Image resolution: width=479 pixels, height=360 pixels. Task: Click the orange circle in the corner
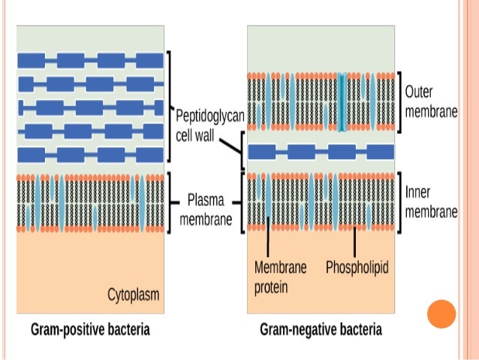(x=441, y=314)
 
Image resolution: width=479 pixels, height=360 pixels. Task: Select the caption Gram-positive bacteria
(x=89, y=329)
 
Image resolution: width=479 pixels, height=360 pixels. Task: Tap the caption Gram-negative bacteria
(x=321, y=329)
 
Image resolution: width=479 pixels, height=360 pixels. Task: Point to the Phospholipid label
(x=357, y=267)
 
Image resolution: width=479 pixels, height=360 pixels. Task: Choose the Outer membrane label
(x=430, y=101)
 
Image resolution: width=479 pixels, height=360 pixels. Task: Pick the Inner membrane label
(x=430, y=202)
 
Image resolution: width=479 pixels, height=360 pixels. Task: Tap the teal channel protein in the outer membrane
(x=342, y=101)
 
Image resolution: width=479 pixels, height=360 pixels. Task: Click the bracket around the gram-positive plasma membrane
(x=170, y=201)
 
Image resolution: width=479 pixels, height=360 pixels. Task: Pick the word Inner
(x=419, y=192)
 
